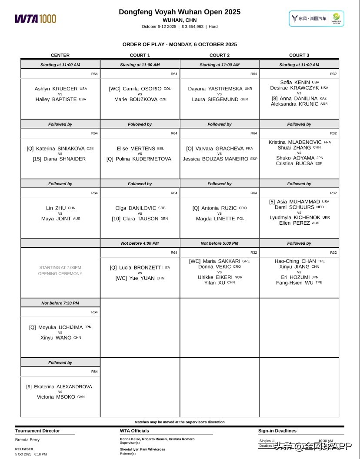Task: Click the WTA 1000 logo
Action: [x=36, y=19]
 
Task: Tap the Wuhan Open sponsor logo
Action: [x=316, y=19]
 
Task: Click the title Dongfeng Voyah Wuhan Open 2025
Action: [x=180, y=12]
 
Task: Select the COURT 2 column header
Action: [x=220, y=55]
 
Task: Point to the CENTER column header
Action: [x=60, y=55]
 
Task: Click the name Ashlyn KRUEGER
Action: [x=56, y=89]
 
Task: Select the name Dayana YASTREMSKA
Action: [x=215, y=89]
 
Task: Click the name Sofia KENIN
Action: [x=295, y=82]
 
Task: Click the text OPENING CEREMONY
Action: [x=60, y=274]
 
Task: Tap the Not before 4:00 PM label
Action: [x=140, y=243]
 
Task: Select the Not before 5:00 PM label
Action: [x=220, y=243]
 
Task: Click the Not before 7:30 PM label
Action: [x=60, y=303]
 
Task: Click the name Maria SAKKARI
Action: [x=222, y=261]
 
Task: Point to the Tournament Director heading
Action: [x=38, y=431]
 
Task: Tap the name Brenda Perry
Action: [x=27, y=440]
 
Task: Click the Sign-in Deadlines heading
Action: [x=277, y=431]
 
